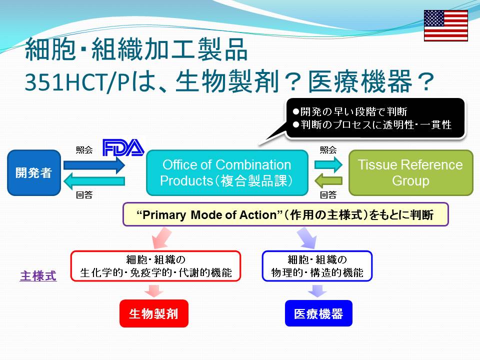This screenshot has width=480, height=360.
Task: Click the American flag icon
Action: point(445,25)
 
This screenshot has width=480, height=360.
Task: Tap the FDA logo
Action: point(123,147)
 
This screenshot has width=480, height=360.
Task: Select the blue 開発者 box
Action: point(34,172)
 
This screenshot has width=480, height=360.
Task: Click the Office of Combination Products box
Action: point(227,172)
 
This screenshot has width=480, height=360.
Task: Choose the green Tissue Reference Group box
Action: point(411,172)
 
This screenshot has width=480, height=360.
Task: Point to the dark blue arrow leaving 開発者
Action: point(94,165)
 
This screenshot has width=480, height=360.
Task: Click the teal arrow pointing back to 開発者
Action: point(94,181)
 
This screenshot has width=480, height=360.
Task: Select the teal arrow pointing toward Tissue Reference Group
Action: point(328,164)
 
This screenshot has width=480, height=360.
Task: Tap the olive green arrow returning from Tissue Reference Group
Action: point(328,180)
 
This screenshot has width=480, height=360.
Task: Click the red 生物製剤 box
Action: point(153,313)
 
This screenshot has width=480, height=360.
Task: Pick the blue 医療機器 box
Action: point(318,313)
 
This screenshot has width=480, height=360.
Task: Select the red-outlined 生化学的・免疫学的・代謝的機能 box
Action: point(156,266)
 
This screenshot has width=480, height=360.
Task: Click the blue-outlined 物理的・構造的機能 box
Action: point(317,266)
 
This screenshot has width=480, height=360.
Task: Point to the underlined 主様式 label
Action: point(38,276)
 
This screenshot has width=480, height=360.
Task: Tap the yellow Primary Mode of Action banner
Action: point(285,214)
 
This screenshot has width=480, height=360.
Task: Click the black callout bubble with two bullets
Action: point(375,118)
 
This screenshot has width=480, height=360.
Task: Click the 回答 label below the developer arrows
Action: point(84,195)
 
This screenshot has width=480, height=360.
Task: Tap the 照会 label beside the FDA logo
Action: point(84,149)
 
